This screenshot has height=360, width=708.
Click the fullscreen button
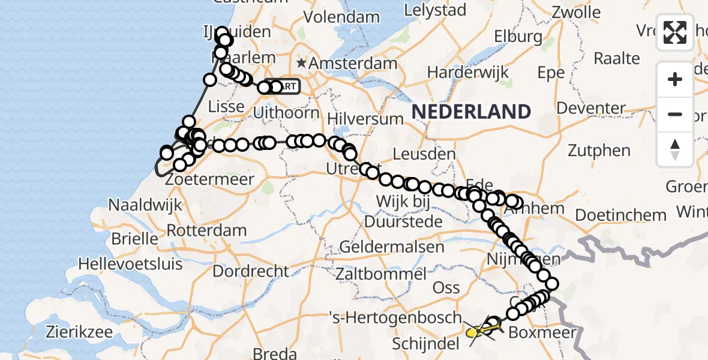[x=675, y=32]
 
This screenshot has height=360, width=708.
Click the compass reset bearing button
[x=675, y=149]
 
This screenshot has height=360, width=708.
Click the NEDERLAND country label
[x=471, y=111]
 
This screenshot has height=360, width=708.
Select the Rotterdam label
[x=206, y=230]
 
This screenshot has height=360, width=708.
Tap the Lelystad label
[x=436, y=10]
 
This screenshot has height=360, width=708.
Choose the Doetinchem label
[x=621, y=215]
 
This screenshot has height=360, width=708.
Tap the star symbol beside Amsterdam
[x=301, y=63]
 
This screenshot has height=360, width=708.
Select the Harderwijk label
[x=468, y=73]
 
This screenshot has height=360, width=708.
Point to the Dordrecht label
[x=251, y=271]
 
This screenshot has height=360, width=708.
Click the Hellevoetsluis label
[x=129, y=263]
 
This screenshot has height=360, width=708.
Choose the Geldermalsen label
[x=392, y=247]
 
